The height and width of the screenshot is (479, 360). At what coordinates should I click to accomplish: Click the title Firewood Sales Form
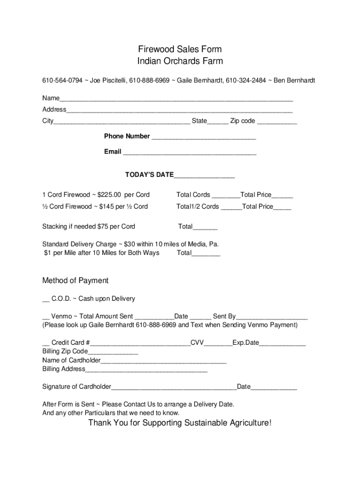pyautogui.click(x=180, y=49)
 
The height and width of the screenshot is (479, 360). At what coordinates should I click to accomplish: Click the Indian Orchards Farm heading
pyautogui.click(x=180, y=61)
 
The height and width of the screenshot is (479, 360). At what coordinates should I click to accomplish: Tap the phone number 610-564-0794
pyautogui.click(x=62, y=80)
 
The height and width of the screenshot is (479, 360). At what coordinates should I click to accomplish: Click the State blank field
pyautogui.click(x=218, y=122)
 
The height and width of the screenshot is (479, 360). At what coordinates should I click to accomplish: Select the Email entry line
pyautogui.click(x=189, y=152)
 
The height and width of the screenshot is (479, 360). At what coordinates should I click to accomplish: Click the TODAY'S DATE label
pyautogui.click(x=149, y=175)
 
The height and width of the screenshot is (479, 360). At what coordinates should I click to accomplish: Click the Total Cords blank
pyautogui.click(x=225, y=196)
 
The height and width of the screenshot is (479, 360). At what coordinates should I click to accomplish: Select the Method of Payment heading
pyautogui.click(x=75, y=281)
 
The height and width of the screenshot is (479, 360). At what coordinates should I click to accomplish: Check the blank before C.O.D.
pyautogui.click(x=45, y=299)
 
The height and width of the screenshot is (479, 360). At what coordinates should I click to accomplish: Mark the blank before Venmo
pyautogui.click(x=45, y=317)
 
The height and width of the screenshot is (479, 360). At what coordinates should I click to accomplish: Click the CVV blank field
pyautogui.click(x=218, y=343)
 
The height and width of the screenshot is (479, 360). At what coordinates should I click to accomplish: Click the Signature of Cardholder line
pyautogui.click(x=174, y=387)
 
